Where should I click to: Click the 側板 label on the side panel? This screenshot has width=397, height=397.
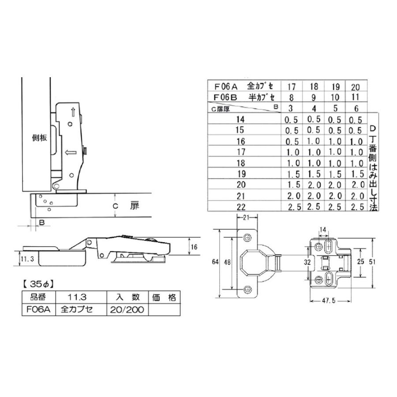(x=40, y=138)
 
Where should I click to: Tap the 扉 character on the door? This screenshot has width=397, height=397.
(x=135, y=206)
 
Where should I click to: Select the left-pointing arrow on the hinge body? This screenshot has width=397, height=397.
(x=70, y=153)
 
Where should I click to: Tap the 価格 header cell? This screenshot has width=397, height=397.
(x=166, y=296)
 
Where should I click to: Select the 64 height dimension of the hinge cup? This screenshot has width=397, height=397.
(x=215, y=262)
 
